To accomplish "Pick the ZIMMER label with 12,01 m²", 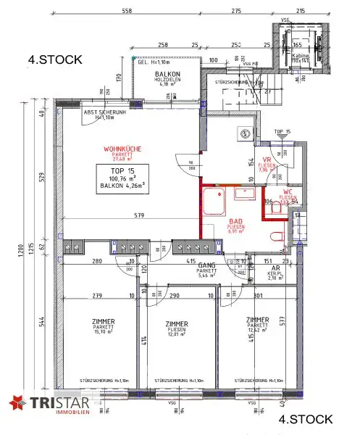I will (177, 324).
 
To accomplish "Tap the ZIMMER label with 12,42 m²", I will (258, 320).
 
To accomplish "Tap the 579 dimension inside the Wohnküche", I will (132, 215).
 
